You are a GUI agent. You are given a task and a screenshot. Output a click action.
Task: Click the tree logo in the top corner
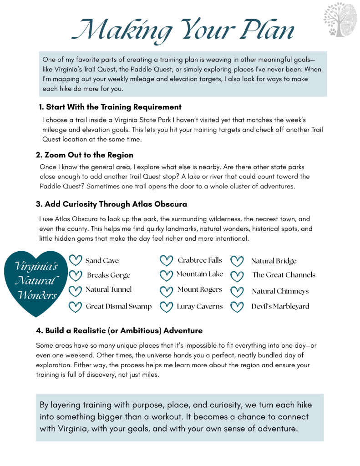coord(338,20)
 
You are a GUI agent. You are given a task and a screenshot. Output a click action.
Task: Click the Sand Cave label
coord(102,261)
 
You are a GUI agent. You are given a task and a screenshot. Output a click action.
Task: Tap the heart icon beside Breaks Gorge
coord(75,275)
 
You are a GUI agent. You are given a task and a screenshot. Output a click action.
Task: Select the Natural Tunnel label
coord(109,289)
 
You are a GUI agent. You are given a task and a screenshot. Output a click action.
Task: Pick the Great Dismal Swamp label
coord(119,306)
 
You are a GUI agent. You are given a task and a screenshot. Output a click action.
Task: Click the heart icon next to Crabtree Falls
coord(167,261)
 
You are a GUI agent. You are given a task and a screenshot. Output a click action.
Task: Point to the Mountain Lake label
coord(200,274)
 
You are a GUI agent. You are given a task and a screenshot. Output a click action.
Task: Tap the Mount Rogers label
coord(200,289)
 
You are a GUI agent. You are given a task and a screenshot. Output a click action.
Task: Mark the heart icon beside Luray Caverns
coord(167,306)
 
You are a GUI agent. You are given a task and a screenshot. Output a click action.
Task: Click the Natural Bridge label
coord(274,261)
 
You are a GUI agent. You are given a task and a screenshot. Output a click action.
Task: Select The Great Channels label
coord(284,275)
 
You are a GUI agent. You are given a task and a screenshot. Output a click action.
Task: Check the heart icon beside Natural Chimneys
coord(237,291)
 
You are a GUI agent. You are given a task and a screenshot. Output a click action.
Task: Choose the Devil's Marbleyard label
coord(280,306)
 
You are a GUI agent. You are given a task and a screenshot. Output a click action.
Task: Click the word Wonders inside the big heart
coord(37,295)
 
